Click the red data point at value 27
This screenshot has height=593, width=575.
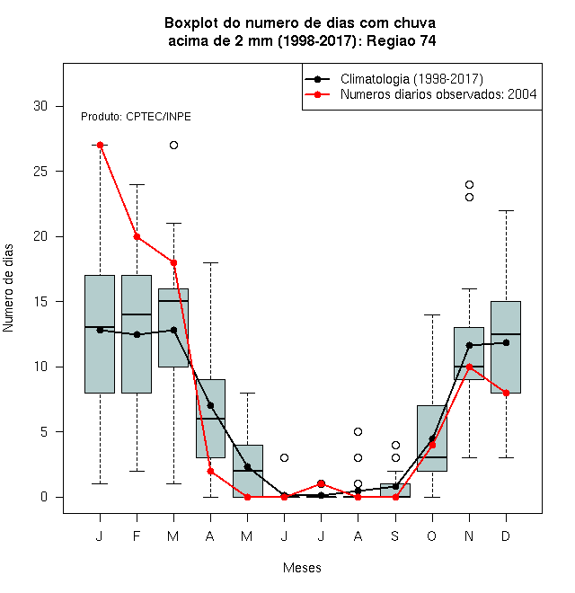pos(100,145)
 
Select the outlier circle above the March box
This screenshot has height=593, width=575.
pos(173,145)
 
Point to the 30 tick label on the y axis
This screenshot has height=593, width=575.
pos(40,106)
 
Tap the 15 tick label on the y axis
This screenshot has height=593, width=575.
pos(40,301)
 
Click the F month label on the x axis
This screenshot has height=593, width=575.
pos(137,535)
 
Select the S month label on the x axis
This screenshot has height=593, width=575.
pos(395,535)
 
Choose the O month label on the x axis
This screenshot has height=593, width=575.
pos(431,535)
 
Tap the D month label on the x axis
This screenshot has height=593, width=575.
pos(506,535)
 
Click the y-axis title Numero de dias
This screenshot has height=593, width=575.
pos(8,288)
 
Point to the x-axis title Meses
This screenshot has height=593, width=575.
pos(302,567)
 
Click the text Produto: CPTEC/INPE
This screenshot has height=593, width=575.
pos(136,117)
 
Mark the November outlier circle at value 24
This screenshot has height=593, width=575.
pos(469,184)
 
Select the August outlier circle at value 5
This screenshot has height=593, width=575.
pos(358,431)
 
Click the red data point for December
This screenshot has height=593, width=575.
pos(506,393)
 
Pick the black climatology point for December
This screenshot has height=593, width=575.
pos(506,342)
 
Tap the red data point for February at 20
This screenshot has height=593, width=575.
pos(137,236)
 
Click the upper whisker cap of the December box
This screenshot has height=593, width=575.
pos(506,210)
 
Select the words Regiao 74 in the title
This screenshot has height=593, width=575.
pos(401,40)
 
